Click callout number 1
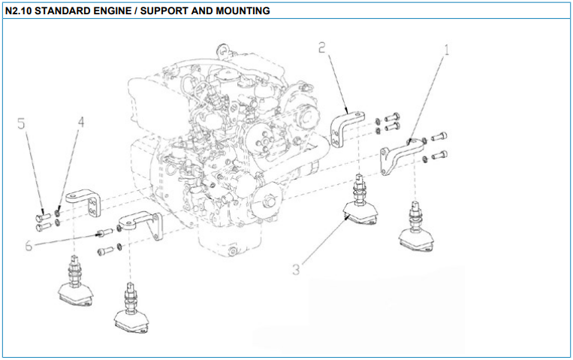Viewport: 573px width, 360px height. [447, 52]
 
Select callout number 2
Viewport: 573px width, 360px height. [322, 48]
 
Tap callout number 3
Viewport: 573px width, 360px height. [297, 268]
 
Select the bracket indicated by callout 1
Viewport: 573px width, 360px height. [398, 154]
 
